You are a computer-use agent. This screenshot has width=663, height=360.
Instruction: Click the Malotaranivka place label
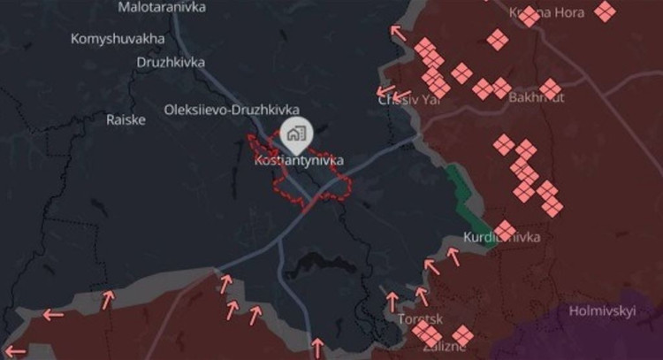click(162, 7)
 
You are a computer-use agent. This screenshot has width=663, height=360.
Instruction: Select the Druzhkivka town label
click(171, 63)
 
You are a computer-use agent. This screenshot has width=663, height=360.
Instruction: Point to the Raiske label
click(126, 119)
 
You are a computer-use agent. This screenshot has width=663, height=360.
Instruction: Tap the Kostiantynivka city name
click(298, 161)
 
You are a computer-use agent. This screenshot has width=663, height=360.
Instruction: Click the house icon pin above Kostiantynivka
click(295, 135)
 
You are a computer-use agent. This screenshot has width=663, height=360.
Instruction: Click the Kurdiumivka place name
click(502, 237)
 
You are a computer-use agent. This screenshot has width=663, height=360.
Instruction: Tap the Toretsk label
click(419, 318)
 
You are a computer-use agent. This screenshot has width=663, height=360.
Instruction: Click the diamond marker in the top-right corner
click(605, 11)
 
